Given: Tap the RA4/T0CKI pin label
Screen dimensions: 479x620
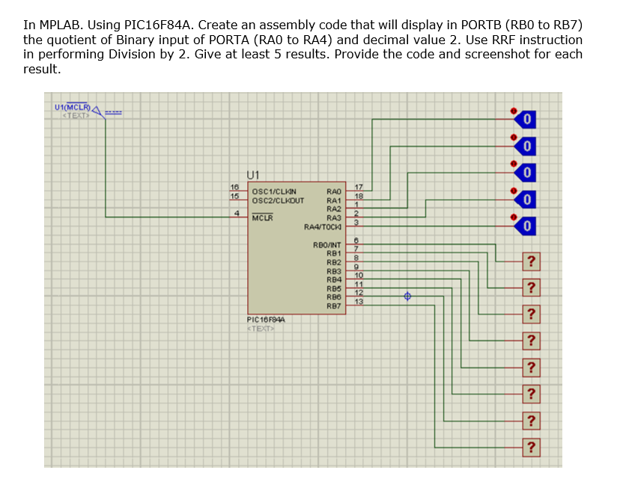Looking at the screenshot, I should tap(323, 225).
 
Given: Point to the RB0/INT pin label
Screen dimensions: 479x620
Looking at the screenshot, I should tap(327, 245).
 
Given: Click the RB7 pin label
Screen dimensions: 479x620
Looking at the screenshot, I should tap(333, 305).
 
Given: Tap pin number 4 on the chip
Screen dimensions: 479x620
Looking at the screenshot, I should tap(237, 213).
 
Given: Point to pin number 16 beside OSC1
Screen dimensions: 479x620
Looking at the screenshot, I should tap(234, 187).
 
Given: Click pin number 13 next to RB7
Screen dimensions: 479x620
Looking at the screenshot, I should tap(358, 302).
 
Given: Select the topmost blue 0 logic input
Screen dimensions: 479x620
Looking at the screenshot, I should tap(527, 119).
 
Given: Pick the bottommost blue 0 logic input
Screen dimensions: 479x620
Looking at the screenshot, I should tap(527, 225).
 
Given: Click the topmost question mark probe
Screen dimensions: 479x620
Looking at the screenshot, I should tap(531, 260).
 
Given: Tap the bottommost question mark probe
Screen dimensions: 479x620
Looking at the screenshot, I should tap(531, 448).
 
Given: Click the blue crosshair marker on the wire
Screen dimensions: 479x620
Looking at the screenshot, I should tap(408, 296).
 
